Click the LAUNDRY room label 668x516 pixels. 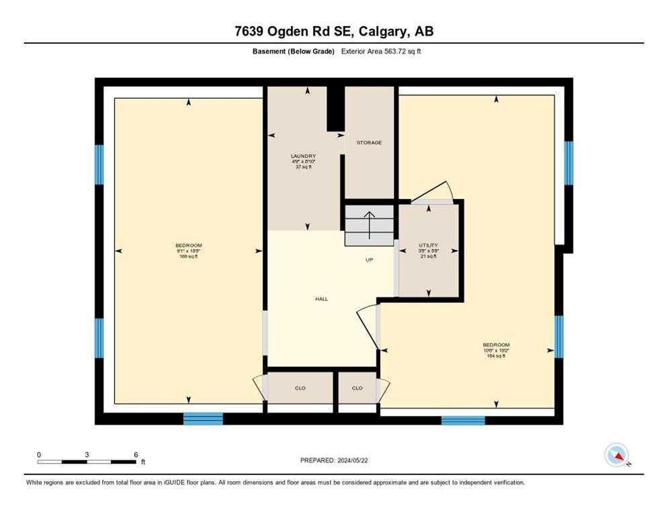coord(304,156)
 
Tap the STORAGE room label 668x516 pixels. coord(369,142)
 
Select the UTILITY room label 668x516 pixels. coord(428,245)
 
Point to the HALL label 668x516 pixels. coord(322,298)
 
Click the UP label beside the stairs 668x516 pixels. coord(369,260)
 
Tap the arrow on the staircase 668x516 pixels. coord(369,225)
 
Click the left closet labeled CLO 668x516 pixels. coord(300,388)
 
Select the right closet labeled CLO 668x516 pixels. coord(357,388)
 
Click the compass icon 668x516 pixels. coord(616,455)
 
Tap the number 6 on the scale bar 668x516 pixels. coord(136,455)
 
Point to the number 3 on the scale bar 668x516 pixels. coord(87,455)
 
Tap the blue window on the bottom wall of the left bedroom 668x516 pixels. coord(203,419)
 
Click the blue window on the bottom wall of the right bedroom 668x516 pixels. coord(462,421)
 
